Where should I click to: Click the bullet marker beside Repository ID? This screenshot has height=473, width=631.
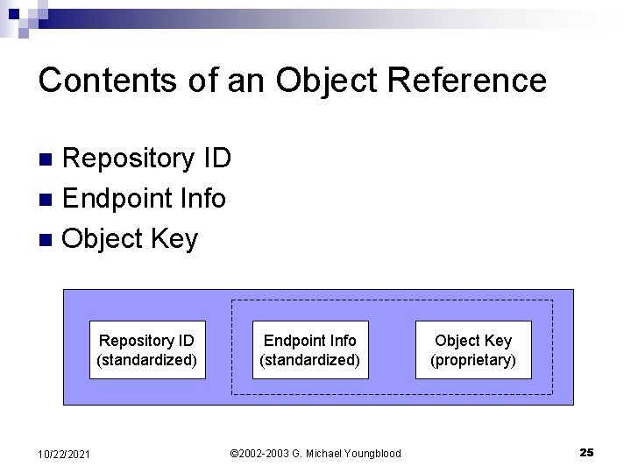coord(50,159)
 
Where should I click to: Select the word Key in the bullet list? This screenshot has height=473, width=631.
coord(175,238)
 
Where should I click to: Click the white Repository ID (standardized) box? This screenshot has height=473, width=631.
coord(147,349)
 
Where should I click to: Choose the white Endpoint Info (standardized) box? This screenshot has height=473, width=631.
coord(310,349)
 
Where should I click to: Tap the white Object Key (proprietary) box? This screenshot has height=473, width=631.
coord(473,349)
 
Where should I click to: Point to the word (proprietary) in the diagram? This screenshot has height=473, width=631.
coord(473,360)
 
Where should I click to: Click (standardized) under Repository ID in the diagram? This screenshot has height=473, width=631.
coord(147,360)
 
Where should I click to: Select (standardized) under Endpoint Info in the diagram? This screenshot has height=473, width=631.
coord(310,360)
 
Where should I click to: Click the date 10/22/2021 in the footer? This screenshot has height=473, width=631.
coord(66,453)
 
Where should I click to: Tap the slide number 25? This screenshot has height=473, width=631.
coord(586,452)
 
